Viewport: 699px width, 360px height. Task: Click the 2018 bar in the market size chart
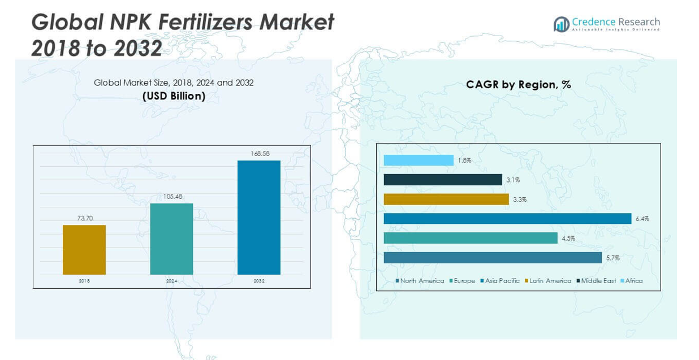click(84, 250)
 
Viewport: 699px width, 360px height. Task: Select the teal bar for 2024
click(171, 239)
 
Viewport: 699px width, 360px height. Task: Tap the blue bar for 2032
click(258, 218)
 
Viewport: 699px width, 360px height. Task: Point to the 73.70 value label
click(84, 218)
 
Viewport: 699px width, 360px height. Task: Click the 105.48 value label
click(171, 197)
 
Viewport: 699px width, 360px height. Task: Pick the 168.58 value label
click(259, 154)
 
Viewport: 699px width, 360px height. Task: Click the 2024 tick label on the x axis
click(171, 281)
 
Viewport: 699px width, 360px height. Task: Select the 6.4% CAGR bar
click(507, 219)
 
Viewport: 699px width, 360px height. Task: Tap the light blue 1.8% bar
click(418, 161)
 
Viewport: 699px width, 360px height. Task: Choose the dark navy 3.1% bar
click(443, 180)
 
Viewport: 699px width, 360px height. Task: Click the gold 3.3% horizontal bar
click(446, 199)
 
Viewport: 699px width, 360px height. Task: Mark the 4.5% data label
click(568, 238)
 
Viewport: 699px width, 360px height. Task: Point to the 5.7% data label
click(613, 258)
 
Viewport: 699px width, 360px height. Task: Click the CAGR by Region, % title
click(518, 85)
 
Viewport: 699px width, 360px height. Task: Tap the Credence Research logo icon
click(561, 24)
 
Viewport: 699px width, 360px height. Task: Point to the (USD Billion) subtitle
click(174, 96)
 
